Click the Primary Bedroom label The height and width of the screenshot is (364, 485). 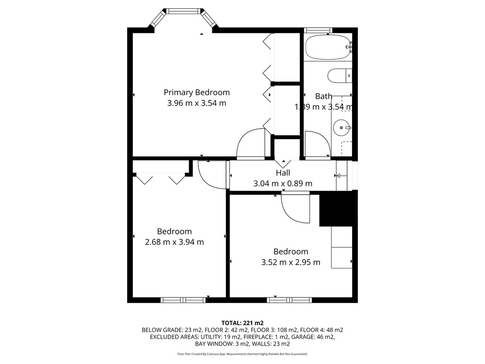[x=196, y=92]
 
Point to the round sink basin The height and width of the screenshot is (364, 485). [x=341, y=128]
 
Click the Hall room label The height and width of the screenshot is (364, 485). [x=283, y=173]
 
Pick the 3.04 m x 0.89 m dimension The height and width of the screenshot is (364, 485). [x=283, y=183]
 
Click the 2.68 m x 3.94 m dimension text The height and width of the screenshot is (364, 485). [x=175, y=242]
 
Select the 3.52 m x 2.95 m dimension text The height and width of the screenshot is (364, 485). [x=291, y=263]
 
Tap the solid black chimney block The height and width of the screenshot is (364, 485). [x=336, y=208]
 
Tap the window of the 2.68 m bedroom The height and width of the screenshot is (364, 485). [x=183, y=300]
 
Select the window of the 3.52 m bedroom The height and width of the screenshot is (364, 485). [x=289, y=300]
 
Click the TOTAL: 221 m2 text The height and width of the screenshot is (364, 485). [x=242, y=323]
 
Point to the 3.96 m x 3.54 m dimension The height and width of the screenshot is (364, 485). [x=197, y=103]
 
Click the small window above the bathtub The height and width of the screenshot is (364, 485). [x=318, y=30]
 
